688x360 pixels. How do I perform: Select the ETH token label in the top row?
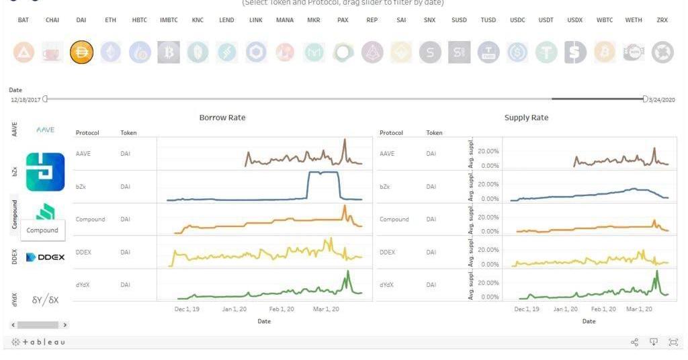[x=110, y=20]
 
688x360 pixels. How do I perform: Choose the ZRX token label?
[x=662, y=20]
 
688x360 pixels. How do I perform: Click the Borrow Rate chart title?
[x=222, y=118]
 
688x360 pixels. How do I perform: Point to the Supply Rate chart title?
[x=526, y=118]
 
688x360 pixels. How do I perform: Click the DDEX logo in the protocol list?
[x=46, y=257]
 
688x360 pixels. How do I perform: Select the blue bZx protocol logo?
[x=45, y=172]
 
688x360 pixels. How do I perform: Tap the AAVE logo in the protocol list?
[x=45, y=130]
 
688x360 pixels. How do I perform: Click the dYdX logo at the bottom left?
[x=45, y=300]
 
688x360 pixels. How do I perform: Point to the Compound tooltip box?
[x=42, y=230]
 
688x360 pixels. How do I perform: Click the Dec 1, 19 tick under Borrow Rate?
[x=187, y=310]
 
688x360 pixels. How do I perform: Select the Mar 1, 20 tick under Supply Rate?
[x=639, y=310]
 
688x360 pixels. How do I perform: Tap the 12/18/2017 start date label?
[x=26, y=100]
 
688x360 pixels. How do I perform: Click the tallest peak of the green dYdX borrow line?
[x=348, y=271]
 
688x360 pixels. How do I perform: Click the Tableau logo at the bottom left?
[x=39, y=343]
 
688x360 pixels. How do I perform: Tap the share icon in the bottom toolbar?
[x=635, y=343]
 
